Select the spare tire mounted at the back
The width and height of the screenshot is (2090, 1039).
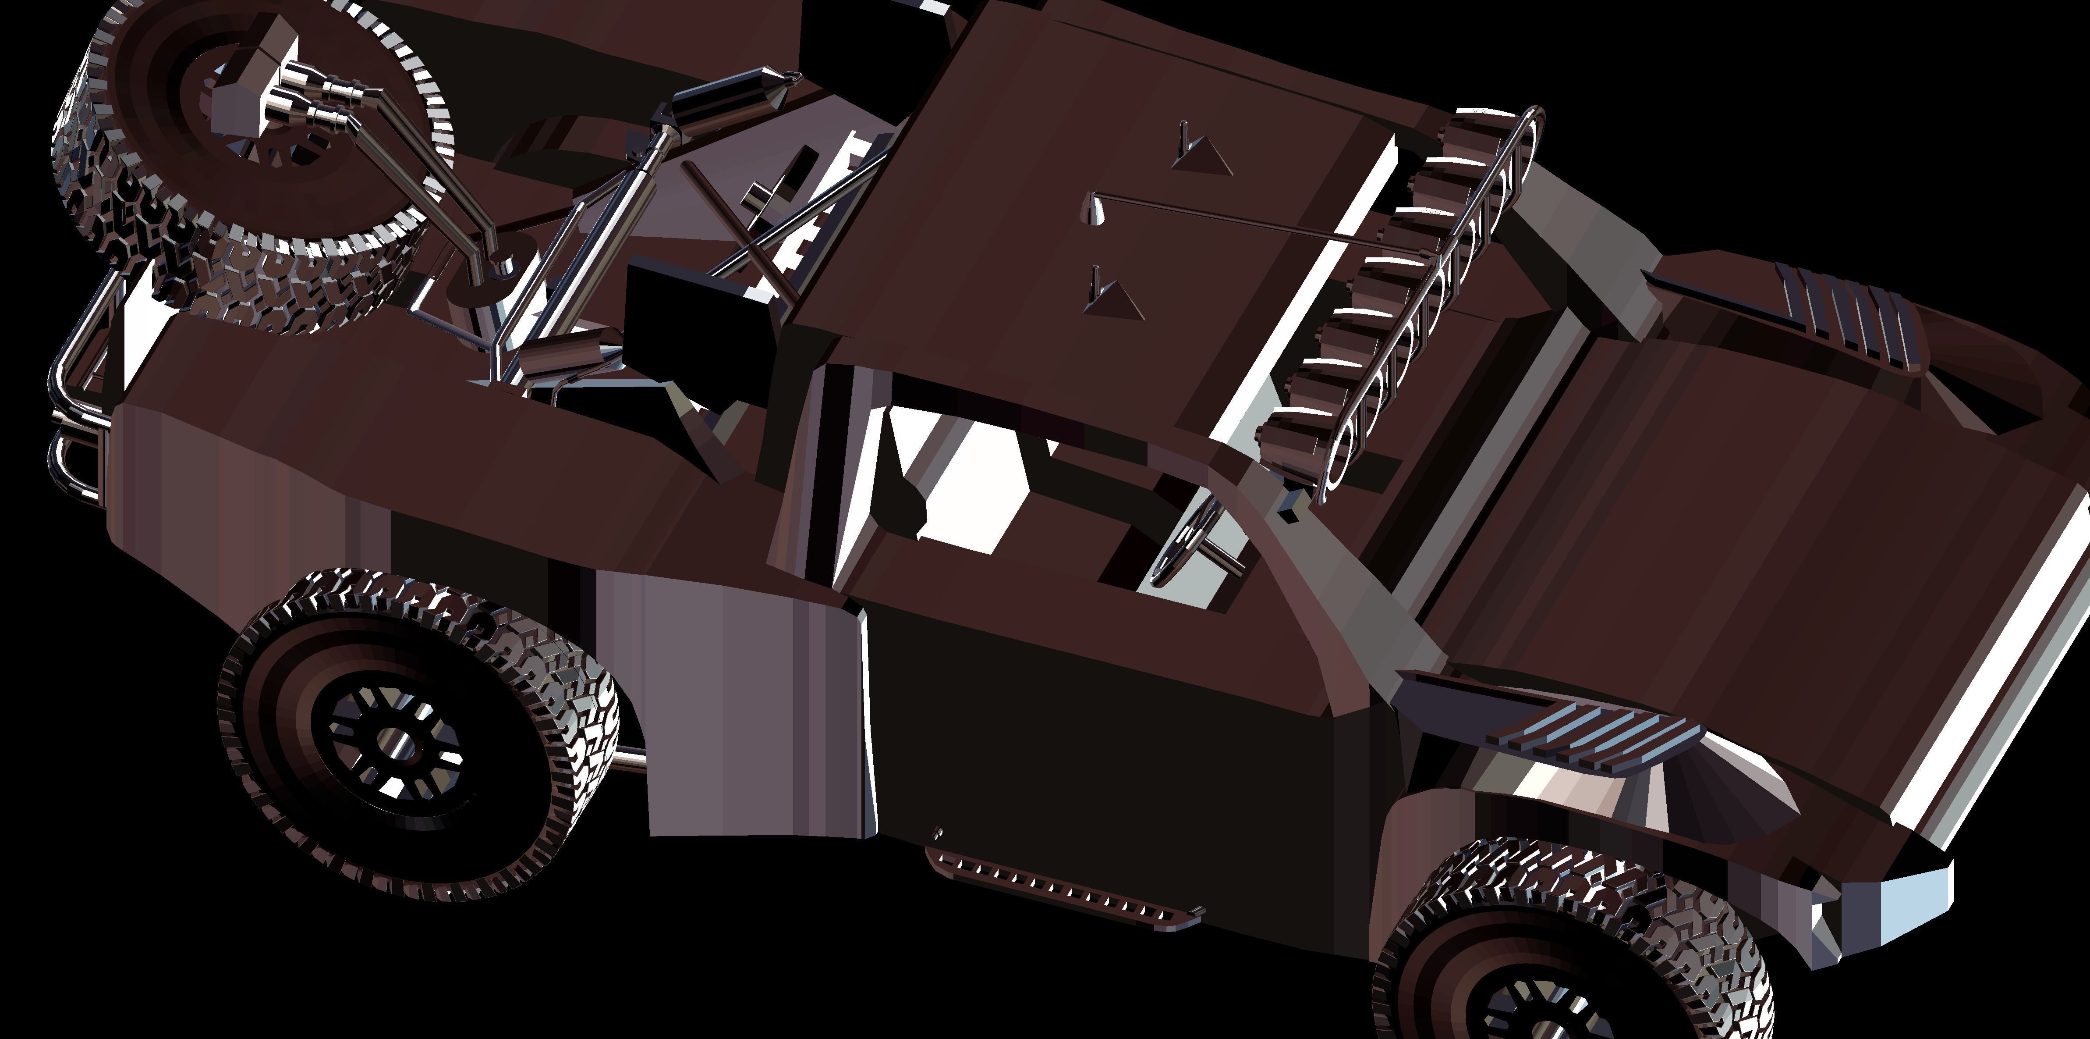click(x=244, y=154)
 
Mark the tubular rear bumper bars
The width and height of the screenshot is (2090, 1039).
click(x=77, y=406)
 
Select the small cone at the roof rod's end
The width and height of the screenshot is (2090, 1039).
click(x=1095, y=213)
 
